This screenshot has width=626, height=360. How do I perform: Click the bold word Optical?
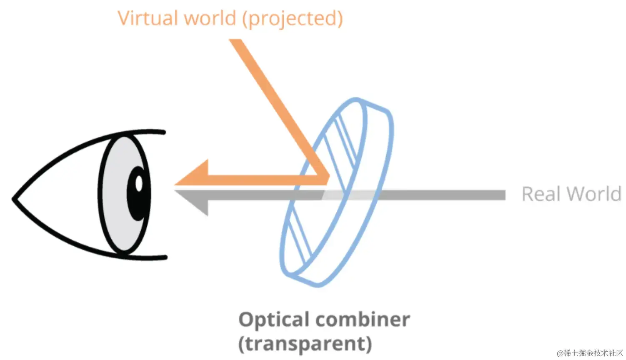tap(275, 320)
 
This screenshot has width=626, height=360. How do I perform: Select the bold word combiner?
tap(363, 320)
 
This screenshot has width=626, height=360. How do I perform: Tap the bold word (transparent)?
tap(305, 344)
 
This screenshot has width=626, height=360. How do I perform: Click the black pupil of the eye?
tap(137, 194)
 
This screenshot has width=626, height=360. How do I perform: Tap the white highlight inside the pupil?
tap(139, 183)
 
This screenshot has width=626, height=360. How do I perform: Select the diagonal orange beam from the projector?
tap(275, 104)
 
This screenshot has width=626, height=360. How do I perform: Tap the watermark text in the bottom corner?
tap(589, 353)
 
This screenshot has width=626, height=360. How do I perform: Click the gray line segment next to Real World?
tap(442, 195)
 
